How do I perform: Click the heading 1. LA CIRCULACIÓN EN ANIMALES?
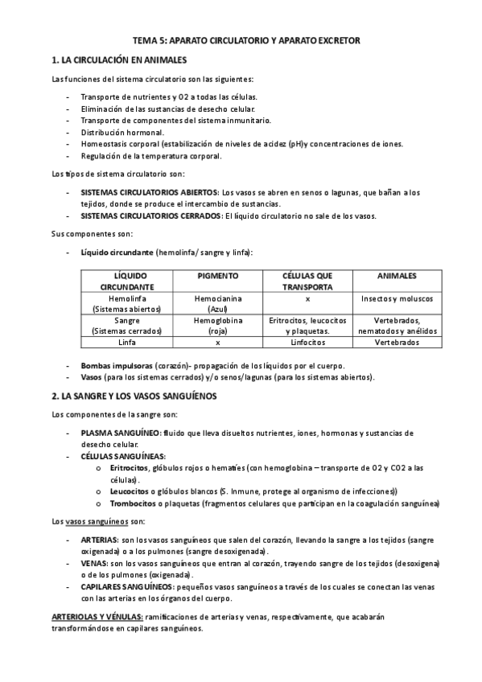(x=118, y=60)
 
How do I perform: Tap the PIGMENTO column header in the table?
(x=217, y=275)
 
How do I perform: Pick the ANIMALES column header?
(x=396, y=275)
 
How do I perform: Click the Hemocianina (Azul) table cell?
(x=217, y=303)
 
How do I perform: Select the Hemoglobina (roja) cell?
(x=217, y=325)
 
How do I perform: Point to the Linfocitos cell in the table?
(x=307, y=342)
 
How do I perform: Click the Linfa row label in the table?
(x=126, y=342)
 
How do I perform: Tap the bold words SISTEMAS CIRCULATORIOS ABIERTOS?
(x=150, y=192)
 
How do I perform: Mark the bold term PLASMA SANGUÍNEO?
(x=120, y=433)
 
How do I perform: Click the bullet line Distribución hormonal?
(x=122, y=132)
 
